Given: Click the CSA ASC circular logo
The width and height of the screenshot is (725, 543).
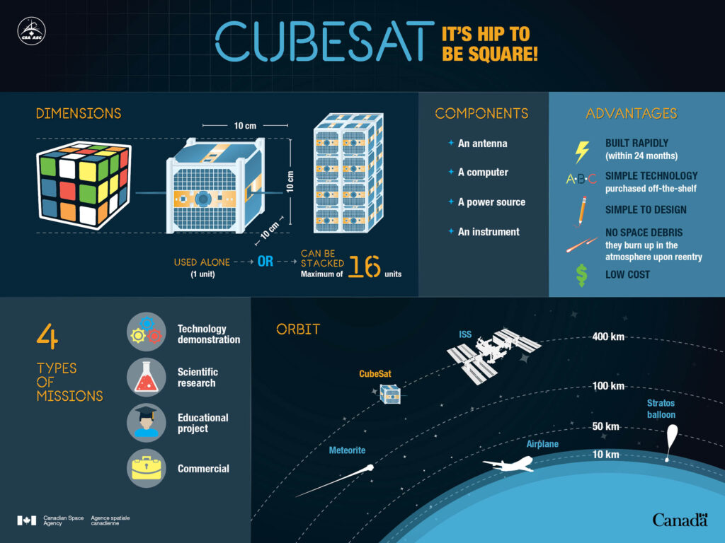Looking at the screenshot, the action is click(x=31, y=31).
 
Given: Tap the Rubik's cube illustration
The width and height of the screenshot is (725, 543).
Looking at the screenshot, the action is click(x=84, y=185).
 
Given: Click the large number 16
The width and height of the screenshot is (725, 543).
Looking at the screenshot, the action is click(x=365, y=266).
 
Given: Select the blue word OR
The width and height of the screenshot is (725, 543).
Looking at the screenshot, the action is click(x=265, y=262).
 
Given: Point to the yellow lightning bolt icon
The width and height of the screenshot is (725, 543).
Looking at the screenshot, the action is click(x=582, y=152).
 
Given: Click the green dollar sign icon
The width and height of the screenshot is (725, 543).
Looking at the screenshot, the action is click(x=582, y=276).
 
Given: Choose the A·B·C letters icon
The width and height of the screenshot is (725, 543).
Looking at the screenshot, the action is click(x=581, y=179).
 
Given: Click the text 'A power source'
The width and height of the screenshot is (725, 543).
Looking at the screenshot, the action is click(x=491, y=202).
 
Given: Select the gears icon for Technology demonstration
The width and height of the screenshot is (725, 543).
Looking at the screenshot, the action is click(x=146, y=332).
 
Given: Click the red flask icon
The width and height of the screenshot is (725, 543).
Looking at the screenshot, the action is click(x=146, y=378).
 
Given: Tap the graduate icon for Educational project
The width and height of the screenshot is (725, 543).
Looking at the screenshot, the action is click(x=146, y=423).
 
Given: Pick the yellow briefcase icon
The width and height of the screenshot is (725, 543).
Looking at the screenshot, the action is click(x=146, y=469).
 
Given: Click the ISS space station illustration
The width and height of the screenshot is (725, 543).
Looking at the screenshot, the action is click(x=493, y=355).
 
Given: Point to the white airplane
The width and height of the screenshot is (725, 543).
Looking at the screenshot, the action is click(x=509, y=464).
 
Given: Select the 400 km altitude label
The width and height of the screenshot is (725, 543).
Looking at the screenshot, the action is click(x=608, y=337).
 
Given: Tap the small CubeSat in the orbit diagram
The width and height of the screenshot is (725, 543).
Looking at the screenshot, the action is click(x=390, y=395).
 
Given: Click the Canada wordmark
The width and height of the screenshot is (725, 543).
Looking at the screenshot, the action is click(x=680, y=520).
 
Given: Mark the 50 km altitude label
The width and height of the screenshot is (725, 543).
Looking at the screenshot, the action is click(x=606, y=426).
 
